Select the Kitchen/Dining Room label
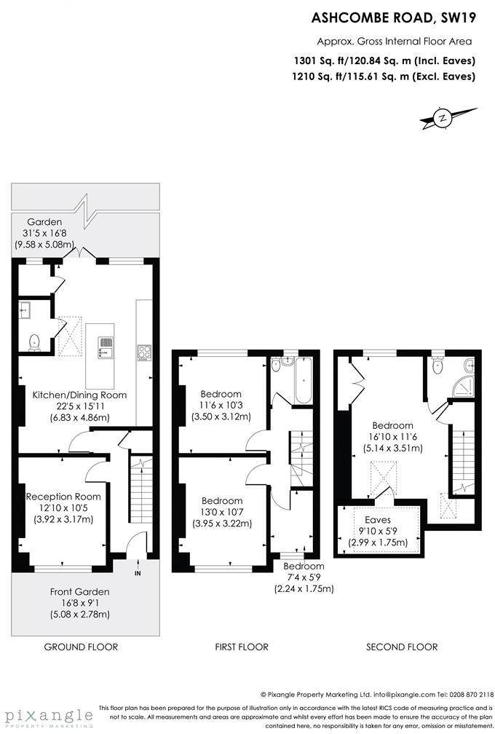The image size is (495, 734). point(79,395)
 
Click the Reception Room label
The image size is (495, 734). point(63,497)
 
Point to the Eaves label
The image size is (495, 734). point(378,520)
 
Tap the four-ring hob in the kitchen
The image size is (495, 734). point(143,352)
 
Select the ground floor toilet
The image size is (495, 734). point(33,341)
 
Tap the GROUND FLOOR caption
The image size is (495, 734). point(81,647)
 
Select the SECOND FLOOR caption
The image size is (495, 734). point(402,647)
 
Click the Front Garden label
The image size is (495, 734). point(79,592)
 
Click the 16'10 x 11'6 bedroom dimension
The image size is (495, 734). point(393,437)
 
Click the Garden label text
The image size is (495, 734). point(44,222)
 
